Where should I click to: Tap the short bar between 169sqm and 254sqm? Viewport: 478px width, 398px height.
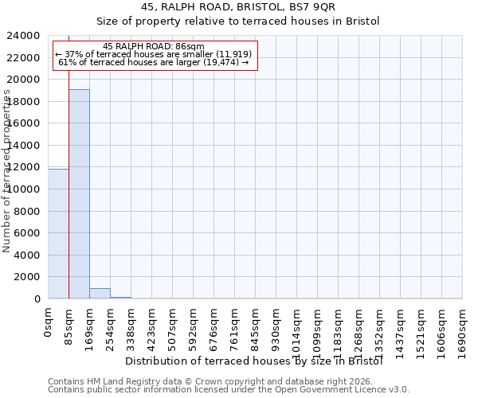pos(100,294)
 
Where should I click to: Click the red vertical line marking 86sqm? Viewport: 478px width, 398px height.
pos(69,199)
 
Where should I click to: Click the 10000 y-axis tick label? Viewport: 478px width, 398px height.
pos(27,189)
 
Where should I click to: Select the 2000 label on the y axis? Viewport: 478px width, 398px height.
pos(30,277)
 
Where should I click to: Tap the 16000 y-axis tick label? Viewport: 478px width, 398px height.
pos(27,123)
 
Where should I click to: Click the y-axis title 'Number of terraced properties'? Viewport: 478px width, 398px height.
pos(7,171)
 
